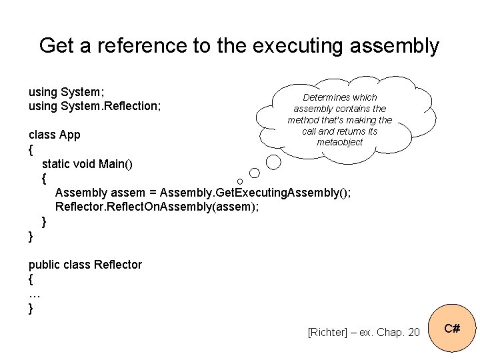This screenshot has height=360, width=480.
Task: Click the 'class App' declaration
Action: (54, 135)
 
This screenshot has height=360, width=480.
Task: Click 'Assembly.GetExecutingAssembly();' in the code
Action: (256, 193)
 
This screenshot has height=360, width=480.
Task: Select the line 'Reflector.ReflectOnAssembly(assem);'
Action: (157, 207)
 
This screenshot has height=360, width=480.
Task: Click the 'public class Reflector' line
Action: (85, 265)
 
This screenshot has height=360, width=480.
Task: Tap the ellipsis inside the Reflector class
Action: (35, 294)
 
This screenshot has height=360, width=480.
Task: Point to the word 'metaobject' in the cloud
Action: (339, 142)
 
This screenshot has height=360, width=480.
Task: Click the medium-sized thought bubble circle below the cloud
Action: (273, 161)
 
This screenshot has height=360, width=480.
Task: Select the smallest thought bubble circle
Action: (239, 181)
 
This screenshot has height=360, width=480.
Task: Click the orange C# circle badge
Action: (451, 329)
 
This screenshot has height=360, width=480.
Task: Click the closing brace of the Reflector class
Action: (31, 308)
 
